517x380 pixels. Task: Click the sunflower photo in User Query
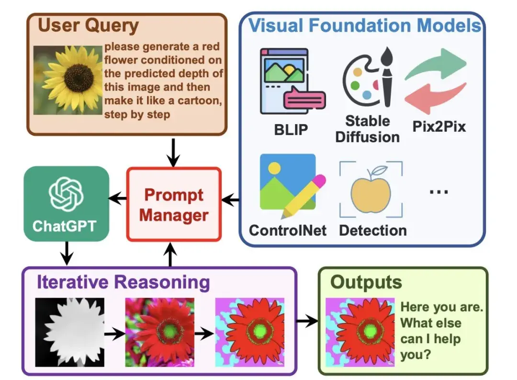[68, 80]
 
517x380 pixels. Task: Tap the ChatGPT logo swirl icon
[66, 194]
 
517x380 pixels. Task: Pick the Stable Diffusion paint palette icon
[368, 80]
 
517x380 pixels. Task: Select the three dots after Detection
[438, 191]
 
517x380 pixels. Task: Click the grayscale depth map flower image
[69, 332]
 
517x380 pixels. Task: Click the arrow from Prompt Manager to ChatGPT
[118, 198]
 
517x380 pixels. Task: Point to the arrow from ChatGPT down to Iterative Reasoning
[67, 253]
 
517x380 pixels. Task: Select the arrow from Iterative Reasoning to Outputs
[307, 320]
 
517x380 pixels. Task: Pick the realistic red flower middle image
[159, 332]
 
